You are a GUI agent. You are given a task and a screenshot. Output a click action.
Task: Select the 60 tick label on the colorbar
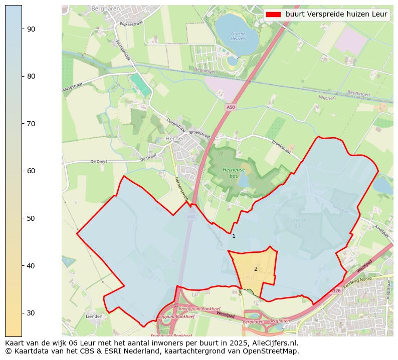[x=31, y=171]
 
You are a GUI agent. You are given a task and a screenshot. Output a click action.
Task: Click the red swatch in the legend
[x=273, y=15]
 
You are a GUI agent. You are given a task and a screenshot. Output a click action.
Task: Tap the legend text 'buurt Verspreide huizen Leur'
[x=336, y=15]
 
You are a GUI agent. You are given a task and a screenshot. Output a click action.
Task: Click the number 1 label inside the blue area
[x=234, y=236]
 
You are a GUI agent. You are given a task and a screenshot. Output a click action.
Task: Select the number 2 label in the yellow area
[x=256, y=269]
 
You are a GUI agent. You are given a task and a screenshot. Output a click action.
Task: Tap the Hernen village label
[x=175, y=139]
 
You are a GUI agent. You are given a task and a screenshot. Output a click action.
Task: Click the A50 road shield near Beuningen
[x=230, y=107]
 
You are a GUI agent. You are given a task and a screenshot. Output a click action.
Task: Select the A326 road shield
[x=335, y=291]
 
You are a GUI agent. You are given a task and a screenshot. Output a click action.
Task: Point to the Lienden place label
[x=94, y=316]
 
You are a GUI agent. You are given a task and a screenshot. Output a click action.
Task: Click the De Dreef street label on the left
[x=99, y=162]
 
